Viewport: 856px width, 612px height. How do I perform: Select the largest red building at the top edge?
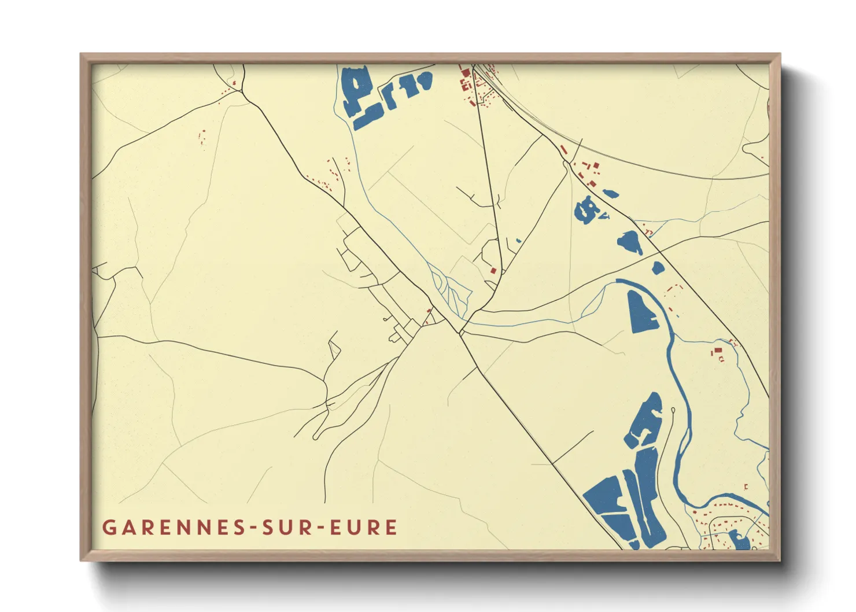click(464, 72)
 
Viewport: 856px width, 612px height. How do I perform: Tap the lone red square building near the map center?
click(493, 270)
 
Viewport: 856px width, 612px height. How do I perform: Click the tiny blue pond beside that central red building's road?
click(519, 241)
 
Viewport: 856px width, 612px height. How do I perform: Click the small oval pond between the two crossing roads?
click(658, 268)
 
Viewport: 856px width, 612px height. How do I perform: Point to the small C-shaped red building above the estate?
click(746, 486)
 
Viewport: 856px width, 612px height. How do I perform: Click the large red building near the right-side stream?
click(718, 351)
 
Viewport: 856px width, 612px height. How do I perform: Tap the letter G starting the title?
click(108, 528)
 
